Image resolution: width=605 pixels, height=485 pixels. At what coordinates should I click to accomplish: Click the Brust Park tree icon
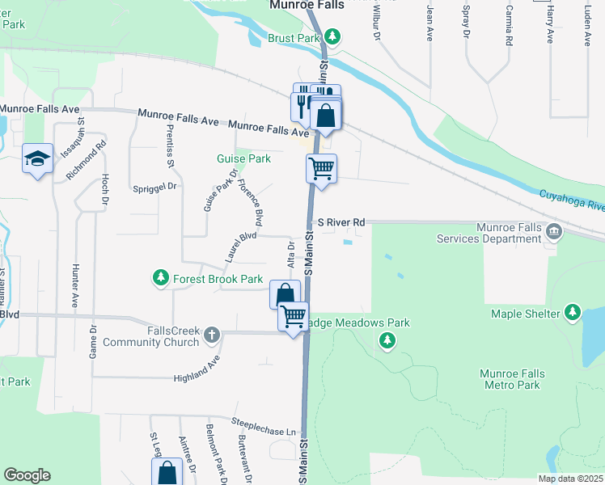pos(332,36)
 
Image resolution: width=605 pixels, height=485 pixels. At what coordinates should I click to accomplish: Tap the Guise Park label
pos(243,158)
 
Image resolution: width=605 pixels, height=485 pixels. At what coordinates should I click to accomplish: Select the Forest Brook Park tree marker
pos(161,279)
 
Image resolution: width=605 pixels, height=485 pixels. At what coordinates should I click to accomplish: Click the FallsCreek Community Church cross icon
pos(212,334)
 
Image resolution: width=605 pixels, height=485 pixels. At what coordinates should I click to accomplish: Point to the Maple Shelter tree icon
pos(573,312)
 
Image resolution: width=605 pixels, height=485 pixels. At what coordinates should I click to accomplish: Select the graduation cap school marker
pos(37,158)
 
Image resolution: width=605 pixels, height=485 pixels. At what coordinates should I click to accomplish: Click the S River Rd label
pos(341,221)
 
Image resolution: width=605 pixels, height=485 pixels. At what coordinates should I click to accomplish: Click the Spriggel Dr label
pos(154,187)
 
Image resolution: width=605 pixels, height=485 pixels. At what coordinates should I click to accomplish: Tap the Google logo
pos(27,475)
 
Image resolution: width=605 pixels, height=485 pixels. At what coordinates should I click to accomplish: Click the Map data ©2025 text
pos(569,479)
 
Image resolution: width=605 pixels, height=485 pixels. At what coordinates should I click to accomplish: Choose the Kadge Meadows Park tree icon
pos(387,341)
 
